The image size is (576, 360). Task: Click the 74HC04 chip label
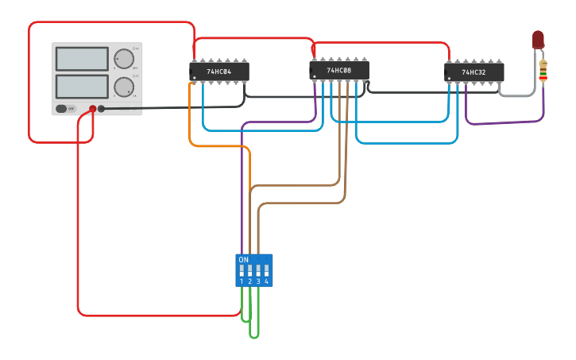tap(219, 72)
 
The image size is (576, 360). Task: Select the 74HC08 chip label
tap(338, 71)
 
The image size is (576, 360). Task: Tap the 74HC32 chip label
tap(474, 72)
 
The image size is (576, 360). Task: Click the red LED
tap(538, 39)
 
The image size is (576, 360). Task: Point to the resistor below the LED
tap(543, 72)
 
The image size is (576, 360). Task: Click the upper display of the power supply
tap(82, 59)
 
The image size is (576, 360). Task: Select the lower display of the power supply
tap(82, 86)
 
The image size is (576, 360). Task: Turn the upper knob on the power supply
tap(124, 59)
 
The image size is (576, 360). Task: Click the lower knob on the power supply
tap(124, 87)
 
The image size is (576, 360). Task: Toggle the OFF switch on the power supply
tap(65, 108)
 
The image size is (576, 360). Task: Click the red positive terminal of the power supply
tap(93, 109)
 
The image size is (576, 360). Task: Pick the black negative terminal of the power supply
tap(101, 109)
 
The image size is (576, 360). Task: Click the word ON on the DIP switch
tap(243, 260)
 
